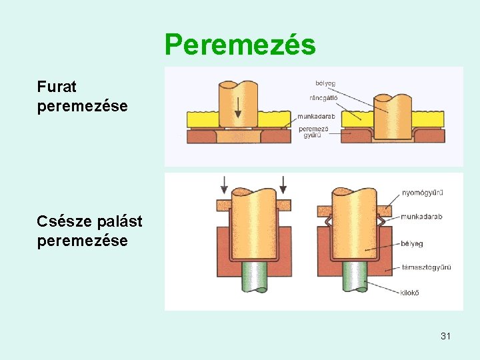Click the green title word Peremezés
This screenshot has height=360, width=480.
(x=240, y=45)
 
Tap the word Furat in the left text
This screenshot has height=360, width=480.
(x=57, y=87)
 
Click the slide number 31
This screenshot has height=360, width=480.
(x=445, y=336)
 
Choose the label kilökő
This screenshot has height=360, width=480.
(x=411, y=292)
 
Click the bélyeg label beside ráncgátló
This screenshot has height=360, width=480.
(x=325, y=83)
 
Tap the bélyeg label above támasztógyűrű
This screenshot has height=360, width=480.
(x=413, y=244)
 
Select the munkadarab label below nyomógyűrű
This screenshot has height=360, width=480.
(x=421, y=217)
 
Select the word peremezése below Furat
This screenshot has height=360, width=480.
(x=83, y=106)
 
